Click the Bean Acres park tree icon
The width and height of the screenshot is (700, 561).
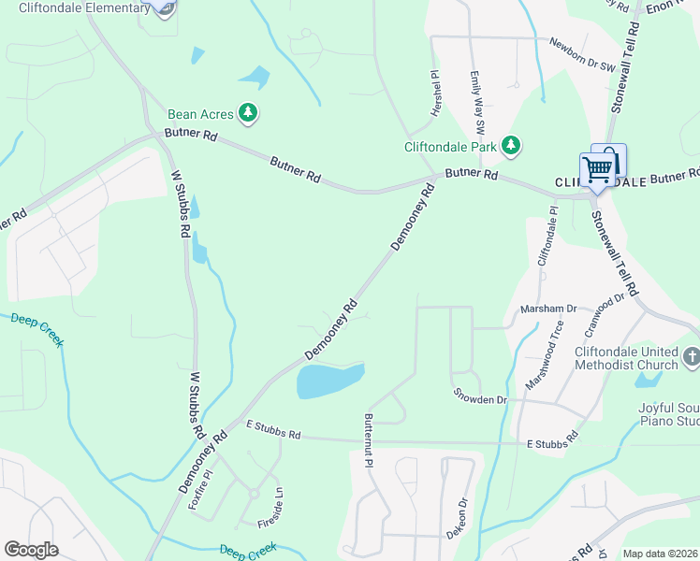(248, 113)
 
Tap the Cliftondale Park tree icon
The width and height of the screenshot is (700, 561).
(510, 145)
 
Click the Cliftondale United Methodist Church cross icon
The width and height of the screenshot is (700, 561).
(691, 355)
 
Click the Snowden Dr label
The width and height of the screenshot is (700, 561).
(479, 399)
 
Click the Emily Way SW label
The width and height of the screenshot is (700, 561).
(477, 102)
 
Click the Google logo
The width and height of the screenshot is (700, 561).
(31, 550)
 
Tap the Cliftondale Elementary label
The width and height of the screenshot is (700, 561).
(84, 8)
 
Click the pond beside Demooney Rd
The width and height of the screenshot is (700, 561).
(328, 381)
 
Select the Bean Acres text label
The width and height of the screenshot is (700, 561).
(200, 113)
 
